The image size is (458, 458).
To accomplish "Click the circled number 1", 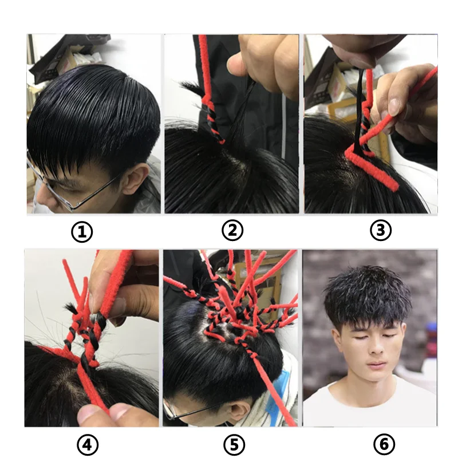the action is [82, 232].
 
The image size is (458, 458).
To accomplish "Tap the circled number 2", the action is [232, 231].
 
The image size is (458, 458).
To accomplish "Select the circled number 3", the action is [380, 231].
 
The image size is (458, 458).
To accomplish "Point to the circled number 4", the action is [88, 445].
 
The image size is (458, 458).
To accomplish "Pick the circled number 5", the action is [234, 445].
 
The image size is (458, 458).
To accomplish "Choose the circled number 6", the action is [384, 444].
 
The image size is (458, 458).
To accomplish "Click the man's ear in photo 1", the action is [135, 179].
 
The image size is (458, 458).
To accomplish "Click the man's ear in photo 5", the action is [233, 410].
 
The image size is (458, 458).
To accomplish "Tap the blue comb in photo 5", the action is [282, 392].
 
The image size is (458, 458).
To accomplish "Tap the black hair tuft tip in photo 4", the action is [70, 307].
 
